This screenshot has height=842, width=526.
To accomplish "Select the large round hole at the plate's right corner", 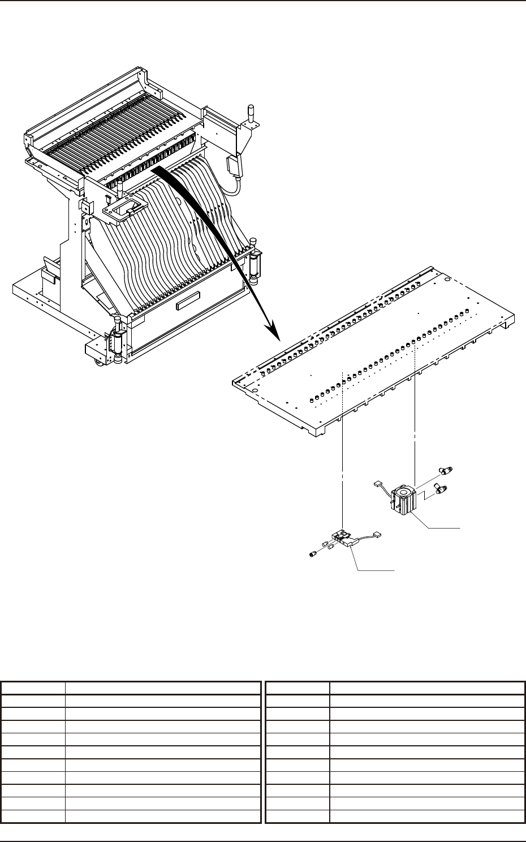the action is point(447,280).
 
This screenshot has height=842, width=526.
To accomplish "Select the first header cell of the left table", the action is point(33,689).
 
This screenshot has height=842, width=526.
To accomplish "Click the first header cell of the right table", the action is point(298,689).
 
